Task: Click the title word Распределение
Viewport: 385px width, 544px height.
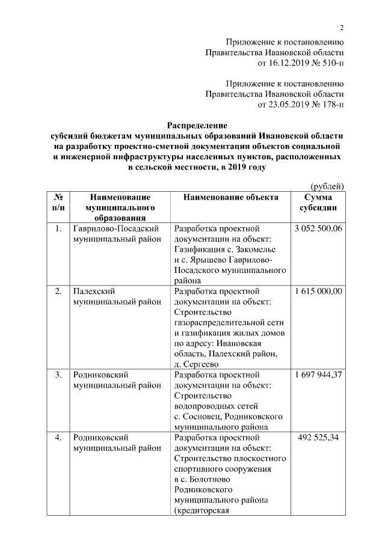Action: tap(197, 126)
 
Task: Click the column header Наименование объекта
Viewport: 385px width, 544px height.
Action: tap(231, 197)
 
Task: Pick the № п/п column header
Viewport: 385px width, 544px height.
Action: tap(58, 202)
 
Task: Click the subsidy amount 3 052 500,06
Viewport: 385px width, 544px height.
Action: tap(318, 229)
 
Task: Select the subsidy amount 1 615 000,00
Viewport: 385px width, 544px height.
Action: tap(318, 291)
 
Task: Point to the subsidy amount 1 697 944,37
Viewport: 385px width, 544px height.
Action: tap(318, 374)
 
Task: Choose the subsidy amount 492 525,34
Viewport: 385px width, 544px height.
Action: tap(318, 437)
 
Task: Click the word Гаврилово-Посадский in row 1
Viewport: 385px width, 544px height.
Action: tap(115, 229)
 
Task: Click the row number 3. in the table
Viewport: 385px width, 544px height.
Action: tap(58, 374)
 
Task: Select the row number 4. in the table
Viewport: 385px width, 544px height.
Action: tap(58, 437)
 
